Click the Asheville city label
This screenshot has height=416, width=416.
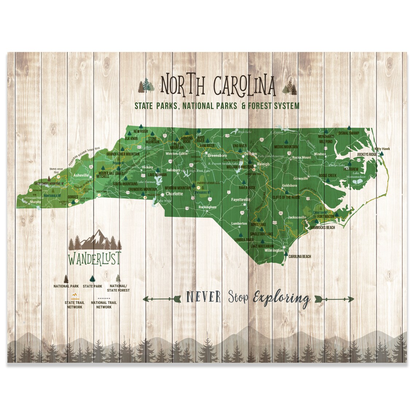(x=81, y=176)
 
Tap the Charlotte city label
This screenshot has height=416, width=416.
(x=174, y=194)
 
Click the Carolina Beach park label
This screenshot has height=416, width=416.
(x=300, y=257)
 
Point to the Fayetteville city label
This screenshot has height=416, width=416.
(x=241, y=200)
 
